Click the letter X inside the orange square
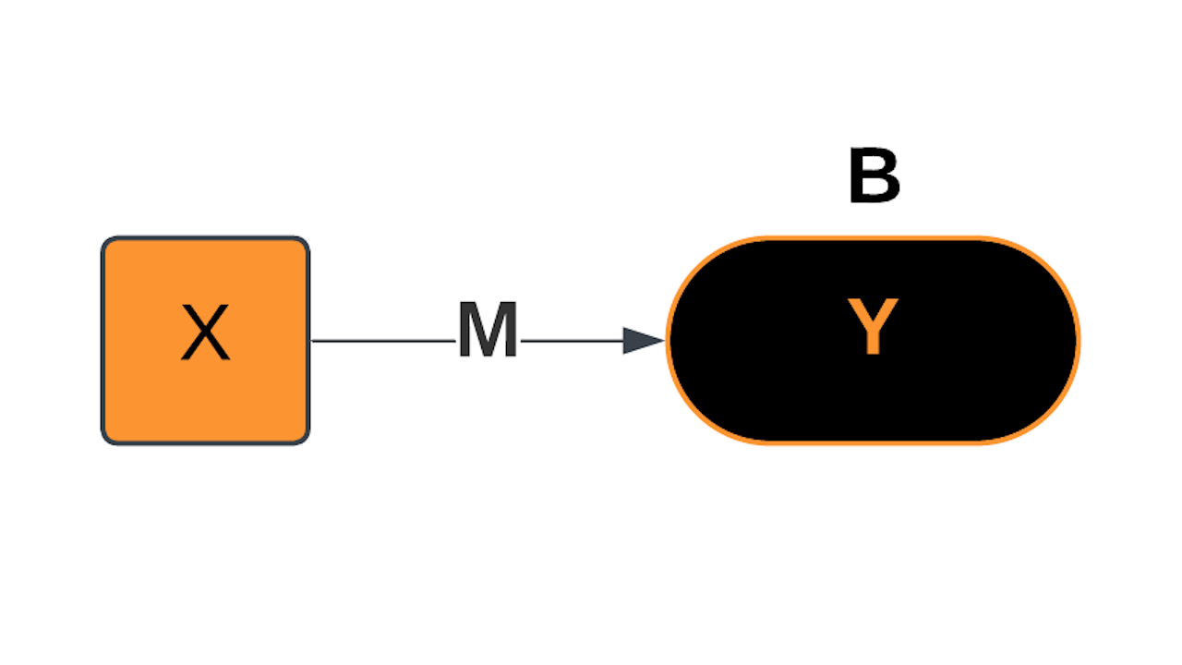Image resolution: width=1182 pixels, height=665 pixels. pyautogui.click(x=205, y=333)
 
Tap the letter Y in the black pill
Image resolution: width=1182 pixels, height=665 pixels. pyautogui.click(x=873, y=328)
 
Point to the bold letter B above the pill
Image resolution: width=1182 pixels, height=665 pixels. pyautogui.click(x=874, y=178)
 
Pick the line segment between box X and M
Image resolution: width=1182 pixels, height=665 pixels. pyautogui.click(x=383, y=341)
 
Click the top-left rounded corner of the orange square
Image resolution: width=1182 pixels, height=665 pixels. pyautogui.click(x=107, y=243)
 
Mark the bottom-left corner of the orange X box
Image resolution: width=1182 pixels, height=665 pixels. pyautogui.click(x=107, y=439)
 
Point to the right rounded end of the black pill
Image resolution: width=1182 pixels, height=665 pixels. pyautogui.click(x=1077, y=341)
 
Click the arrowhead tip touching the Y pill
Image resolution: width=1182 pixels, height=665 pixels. pyautogui.click(x=663, y=341)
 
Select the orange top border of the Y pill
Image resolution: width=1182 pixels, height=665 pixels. pyautogui.click(x=873, y=239)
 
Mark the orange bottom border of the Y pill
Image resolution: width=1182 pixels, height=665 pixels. pyautogui.click(x=873, y=442)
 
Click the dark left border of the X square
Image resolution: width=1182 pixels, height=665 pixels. pyautogui.click(x=103, y=341)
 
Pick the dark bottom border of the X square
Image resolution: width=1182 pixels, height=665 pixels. pyautogui.click(x=205, y=443)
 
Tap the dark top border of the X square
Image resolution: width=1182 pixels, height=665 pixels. pyautogui.click(x=205, y=238)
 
